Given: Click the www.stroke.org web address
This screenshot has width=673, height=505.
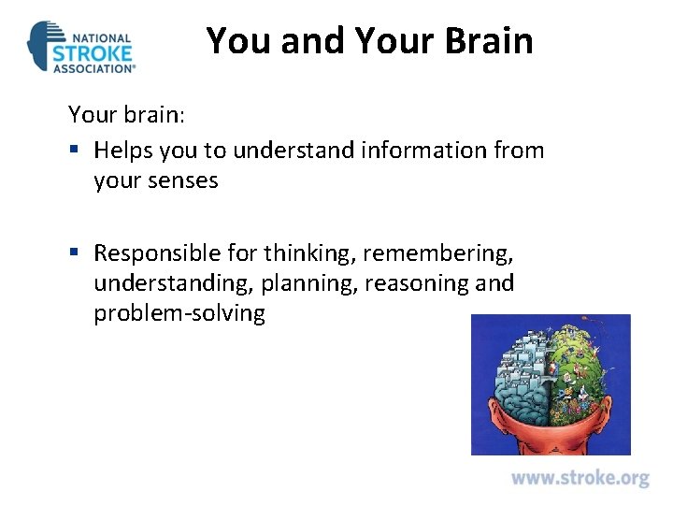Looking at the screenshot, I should click(x=580, y=478).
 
